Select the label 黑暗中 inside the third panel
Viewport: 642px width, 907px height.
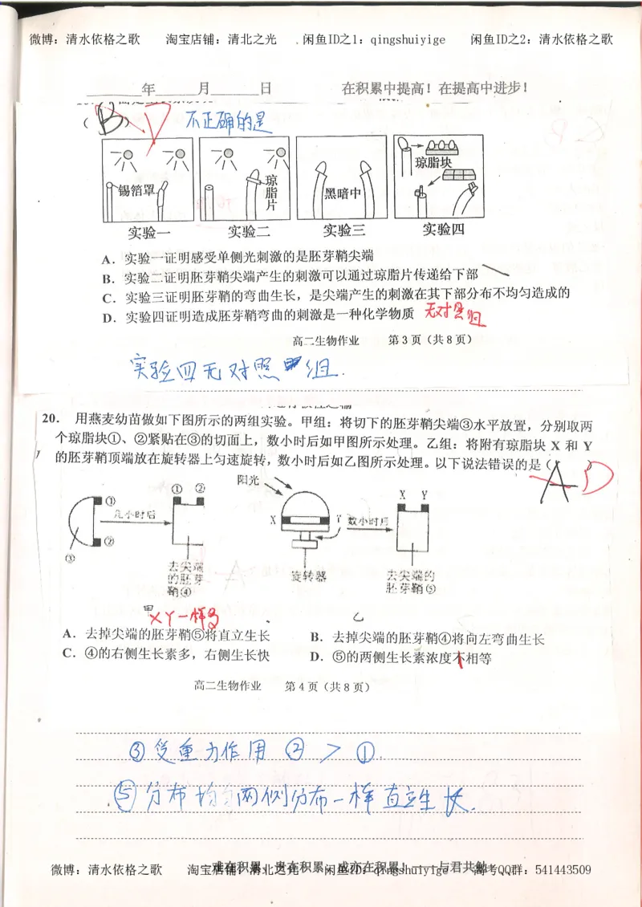coord(341,193)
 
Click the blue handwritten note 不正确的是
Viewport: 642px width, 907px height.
coord(226,122)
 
